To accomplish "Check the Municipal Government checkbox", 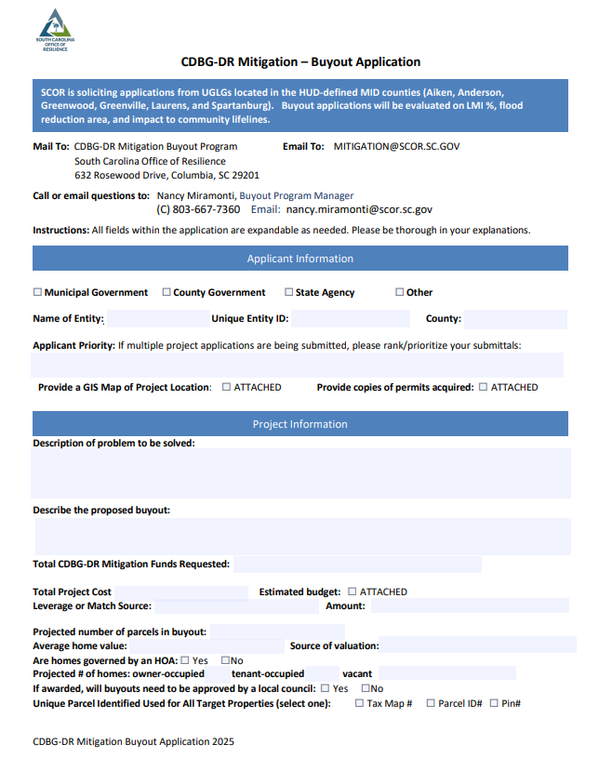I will click(38, 292).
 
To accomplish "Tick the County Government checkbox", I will click(166, 292).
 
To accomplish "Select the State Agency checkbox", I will click(289, 292).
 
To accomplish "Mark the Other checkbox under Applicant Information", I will click(400, 292).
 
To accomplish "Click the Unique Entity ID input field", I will click(350, 319).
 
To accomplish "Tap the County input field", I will click(515, 319).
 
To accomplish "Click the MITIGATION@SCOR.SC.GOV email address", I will click(397, 146).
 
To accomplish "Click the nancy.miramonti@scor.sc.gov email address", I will click(359, 210).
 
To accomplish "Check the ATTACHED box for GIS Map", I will click(227, 387).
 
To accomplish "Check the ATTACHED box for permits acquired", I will click(483, 387).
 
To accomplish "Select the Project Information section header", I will click(299, 424).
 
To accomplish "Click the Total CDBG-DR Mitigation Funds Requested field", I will click(357, 564).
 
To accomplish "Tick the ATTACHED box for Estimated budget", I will click(353, 592).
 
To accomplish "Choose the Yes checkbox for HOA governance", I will click(185, 660).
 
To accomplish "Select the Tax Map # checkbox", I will click(359, 703).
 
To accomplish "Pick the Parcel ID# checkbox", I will click(431, 703).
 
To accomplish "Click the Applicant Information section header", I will click(299, 259).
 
